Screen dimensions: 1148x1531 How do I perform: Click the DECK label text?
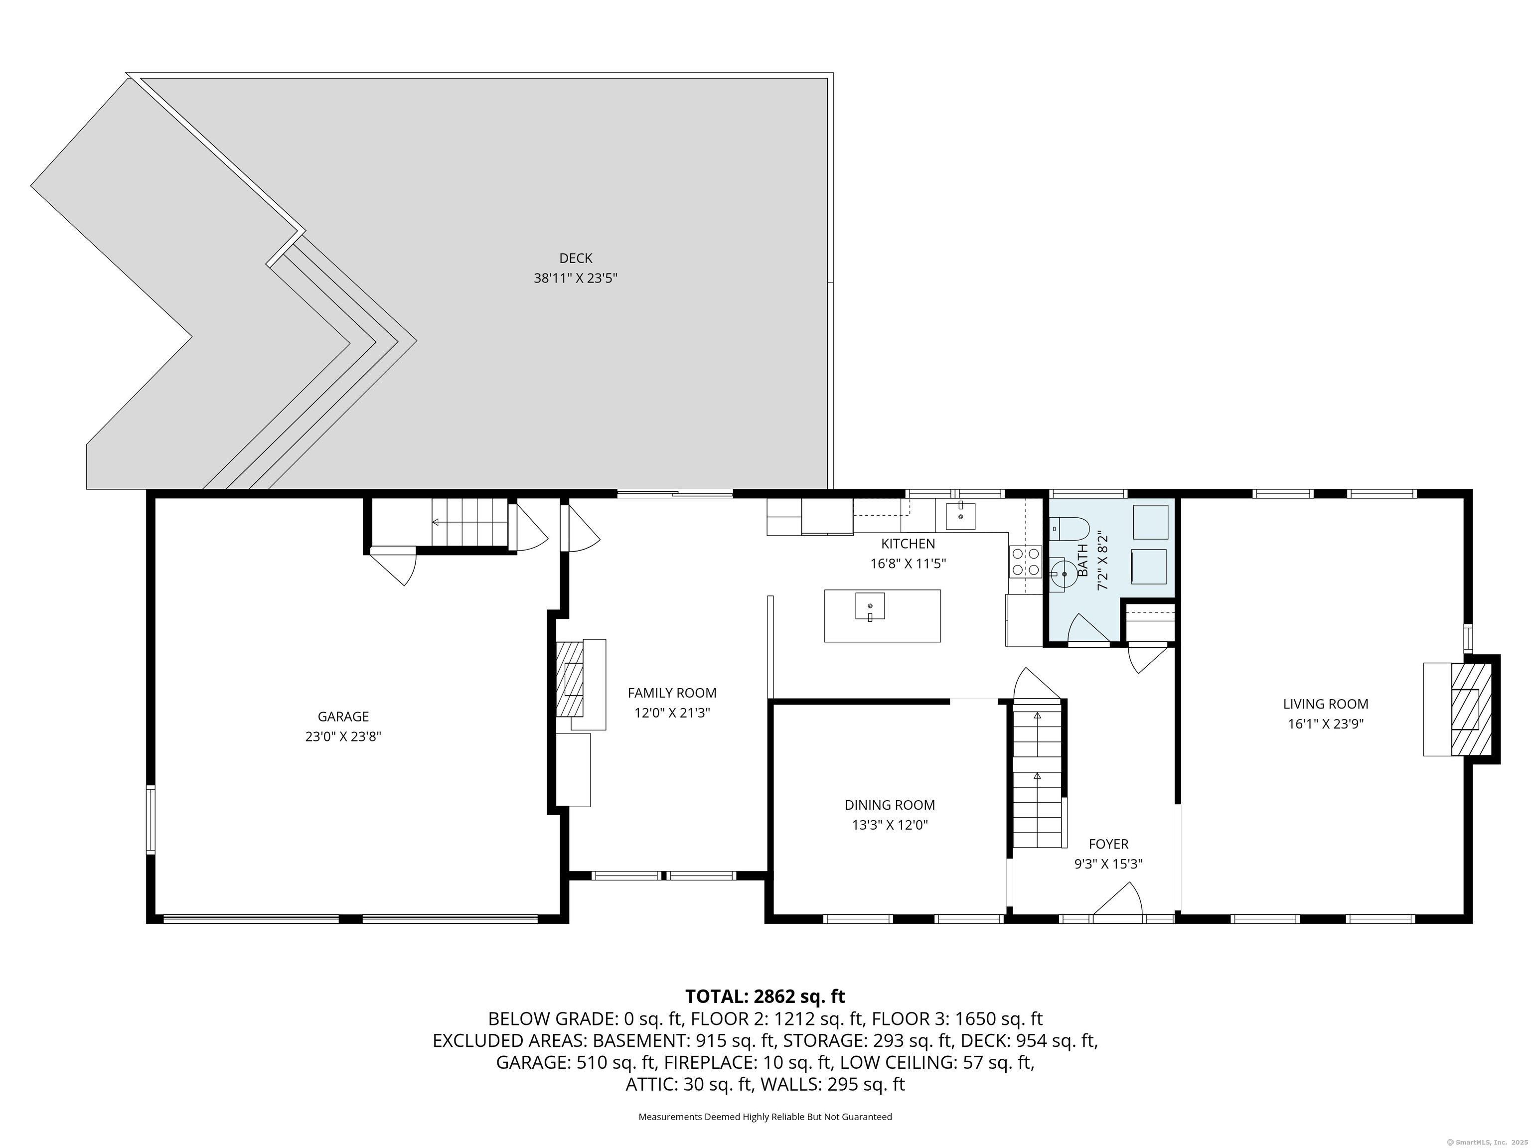(575, 258)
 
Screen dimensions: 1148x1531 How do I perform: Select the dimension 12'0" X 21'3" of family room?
(672, 713)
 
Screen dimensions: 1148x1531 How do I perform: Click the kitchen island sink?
(870, 607)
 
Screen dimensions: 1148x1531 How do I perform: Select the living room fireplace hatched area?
(1470, 710)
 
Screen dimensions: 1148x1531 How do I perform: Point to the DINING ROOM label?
(890, 805)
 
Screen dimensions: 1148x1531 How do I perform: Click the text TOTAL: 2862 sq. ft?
(765, 997)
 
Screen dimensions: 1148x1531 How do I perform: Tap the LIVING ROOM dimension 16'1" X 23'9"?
(1326, 724)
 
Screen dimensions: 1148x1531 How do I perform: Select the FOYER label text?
(1108, 844)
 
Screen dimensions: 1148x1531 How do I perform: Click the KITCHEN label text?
(908, 544)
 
